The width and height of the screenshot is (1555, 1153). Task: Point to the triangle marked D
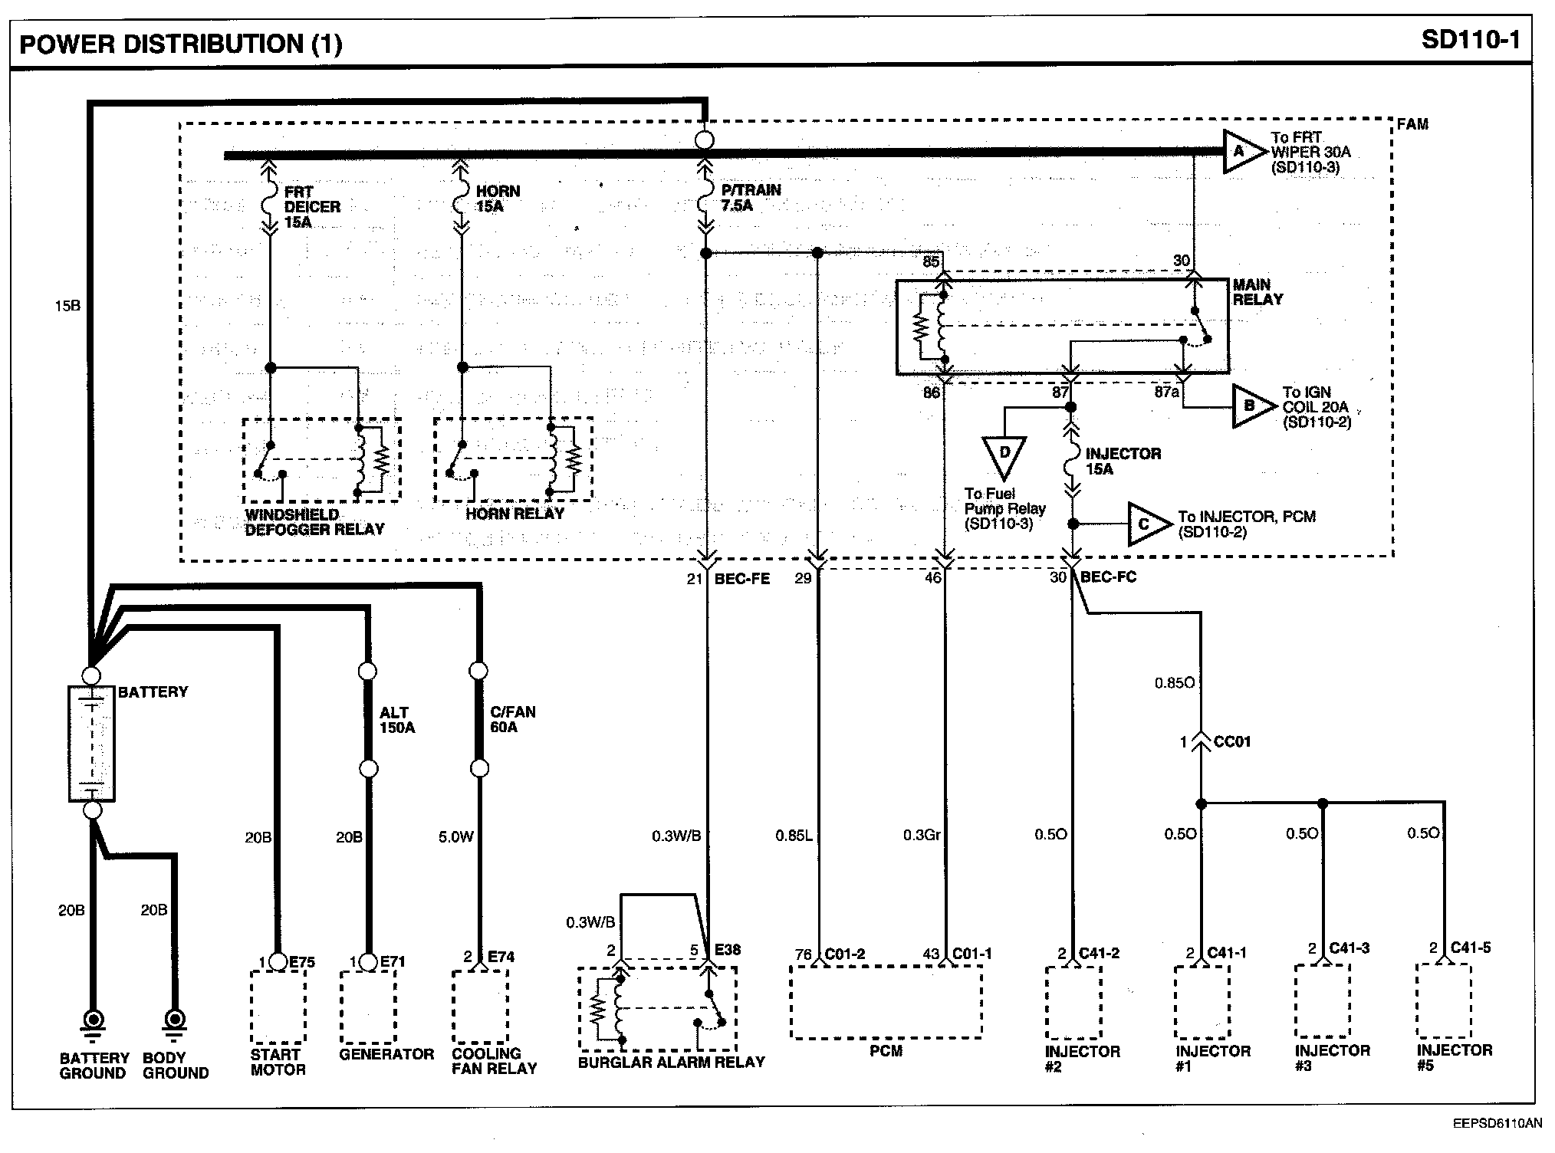point(1004,455)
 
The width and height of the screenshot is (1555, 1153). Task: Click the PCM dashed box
point(886,1001)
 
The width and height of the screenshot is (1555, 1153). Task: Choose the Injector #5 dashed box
point(1444,1000)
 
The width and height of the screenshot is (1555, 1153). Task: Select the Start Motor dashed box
point(278,1007)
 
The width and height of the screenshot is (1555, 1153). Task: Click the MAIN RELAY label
point(1257,292)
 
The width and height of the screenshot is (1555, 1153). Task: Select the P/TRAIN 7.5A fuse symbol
point(705,198)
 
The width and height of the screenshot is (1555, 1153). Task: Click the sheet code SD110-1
point(1470,40)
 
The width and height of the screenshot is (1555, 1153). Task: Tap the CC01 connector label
point(1232,741)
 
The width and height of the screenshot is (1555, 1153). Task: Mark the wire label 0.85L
point(793,835)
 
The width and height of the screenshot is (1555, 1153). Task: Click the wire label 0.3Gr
point(922,835)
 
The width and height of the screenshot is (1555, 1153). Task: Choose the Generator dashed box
point(368,1007)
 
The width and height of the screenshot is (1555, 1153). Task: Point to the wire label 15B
point(67,306)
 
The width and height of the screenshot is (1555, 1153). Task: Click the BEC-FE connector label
point(741,578)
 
